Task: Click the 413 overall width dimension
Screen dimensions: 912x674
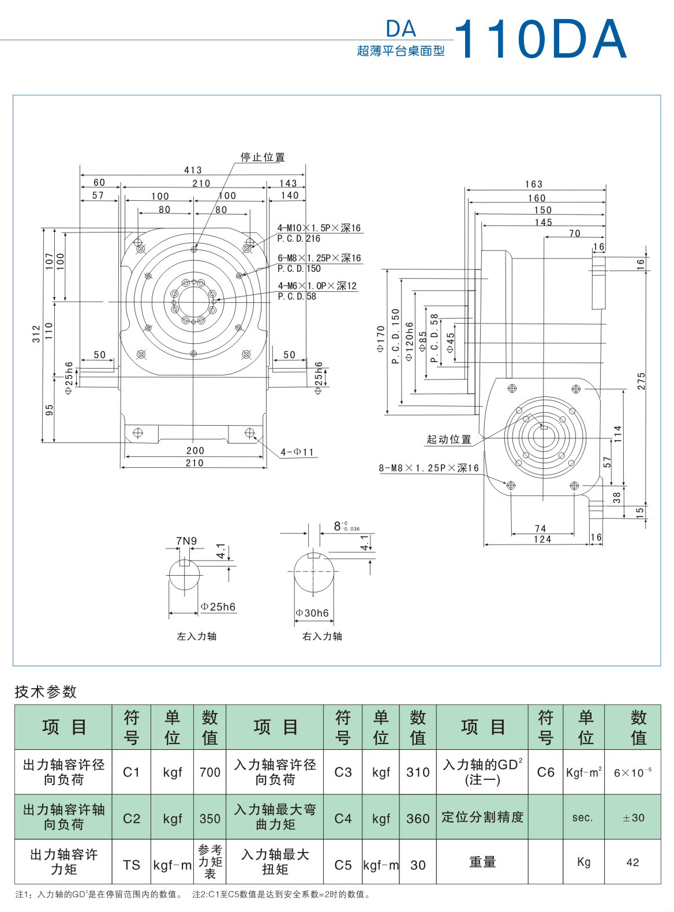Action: coord(193,170)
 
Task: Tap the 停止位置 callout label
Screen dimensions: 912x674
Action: coord(263,157)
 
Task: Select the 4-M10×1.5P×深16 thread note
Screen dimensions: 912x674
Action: coord(319,228)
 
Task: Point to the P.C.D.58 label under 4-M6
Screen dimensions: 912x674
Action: coord(297,297)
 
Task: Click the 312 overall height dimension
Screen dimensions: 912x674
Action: coord(36,334)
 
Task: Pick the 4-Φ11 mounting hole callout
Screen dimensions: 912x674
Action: coord(298,452)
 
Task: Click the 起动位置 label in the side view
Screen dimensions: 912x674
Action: coord(449,440)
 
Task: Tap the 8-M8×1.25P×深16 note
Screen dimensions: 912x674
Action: coord(429,468)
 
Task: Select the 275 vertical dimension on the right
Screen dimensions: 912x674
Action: coord(642,381)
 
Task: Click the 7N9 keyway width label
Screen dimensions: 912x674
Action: coord(186,541)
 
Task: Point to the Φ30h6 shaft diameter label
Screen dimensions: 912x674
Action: coord(312,613)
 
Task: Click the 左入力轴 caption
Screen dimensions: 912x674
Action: coord(196,636)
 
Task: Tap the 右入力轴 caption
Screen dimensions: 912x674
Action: coord(322,636)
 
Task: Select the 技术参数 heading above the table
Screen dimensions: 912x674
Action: coord(46,692)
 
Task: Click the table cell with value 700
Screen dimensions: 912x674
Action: coord(209,772)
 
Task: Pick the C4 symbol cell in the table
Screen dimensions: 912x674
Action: coord(343,818)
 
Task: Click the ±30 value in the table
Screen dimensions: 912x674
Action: coord(633,817)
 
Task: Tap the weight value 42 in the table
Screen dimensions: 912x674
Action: coord(632,862)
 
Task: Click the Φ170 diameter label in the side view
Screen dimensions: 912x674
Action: coord(381,340)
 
